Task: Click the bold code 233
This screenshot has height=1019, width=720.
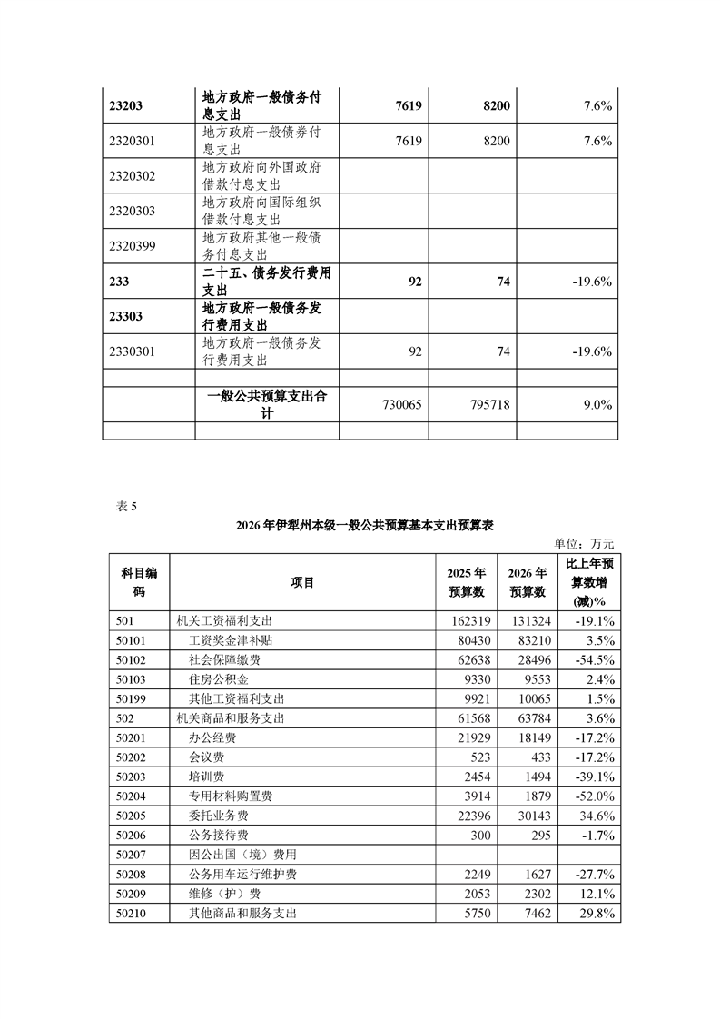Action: [x=118, y=282]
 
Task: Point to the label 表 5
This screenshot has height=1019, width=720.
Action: [x=126, y=507]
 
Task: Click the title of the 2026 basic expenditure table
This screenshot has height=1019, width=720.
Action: [x=364, y=526]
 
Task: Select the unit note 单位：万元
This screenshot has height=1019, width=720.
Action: [x=584, y=544]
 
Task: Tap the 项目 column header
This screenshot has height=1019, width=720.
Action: [x=302, y=582]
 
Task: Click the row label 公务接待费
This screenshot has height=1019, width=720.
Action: [x=218, y=836]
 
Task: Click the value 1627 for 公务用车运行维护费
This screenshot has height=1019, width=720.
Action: [x=531, y=875]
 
